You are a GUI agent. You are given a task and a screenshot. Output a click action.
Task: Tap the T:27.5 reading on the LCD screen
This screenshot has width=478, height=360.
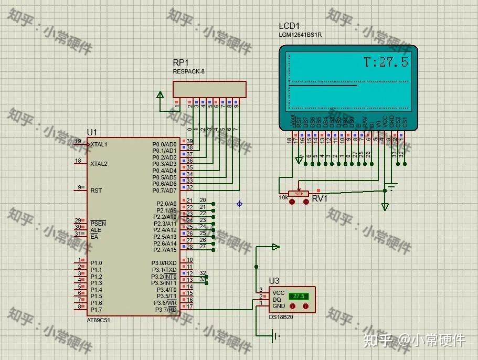coord(386,62)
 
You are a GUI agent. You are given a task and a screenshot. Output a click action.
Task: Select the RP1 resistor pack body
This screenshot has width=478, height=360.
coord(209,89)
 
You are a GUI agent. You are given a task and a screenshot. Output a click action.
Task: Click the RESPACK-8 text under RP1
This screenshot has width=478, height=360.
coord(188,71)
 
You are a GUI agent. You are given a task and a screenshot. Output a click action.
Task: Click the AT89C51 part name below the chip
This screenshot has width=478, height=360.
coord(99,320)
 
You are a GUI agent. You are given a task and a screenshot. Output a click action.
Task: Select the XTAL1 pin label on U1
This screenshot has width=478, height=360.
coord(99,144)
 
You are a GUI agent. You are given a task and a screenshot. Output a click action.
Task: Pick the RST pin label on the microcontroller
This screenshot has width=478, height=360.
coord(95,190)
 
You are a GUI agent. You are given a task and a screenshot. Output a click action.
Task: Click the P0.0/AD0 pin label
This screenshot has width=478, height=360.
coord(164,144)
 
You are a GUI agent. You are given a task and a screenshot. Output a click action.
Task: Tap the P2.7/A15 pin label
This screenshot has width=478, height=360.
coord(164,250)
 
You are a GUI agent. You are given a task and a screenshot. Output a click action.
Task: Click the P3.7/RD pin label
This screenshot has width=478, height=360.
coord(165,310)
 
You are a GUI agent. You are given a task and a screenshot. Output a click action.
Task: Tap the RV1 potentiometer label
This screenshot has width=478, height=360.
coord(320,198)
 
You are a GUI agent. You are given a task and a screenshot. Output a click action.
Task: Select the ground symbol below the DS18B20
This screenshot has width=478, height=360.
coord(275,336)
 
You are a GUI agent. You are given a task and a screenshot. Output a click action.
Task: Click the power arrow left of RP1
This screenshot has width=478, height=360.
coord(160,96)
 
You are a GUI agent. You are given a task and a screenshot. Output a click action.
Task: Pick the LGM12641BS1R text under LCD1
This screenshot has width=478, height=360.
coord(300,35)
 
